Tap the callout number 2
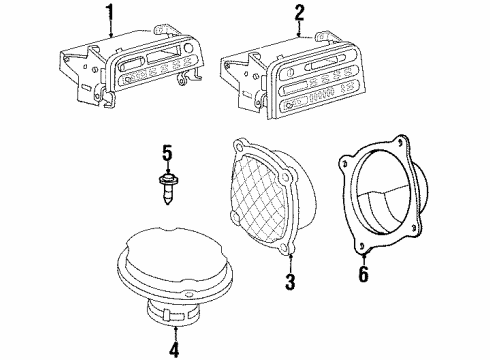pyautogui.click(x=298, y=12)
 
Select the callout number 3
pyautogui.click(x=290, y=283)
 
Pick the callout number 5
pyautogui.click(x=168, y=154)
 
